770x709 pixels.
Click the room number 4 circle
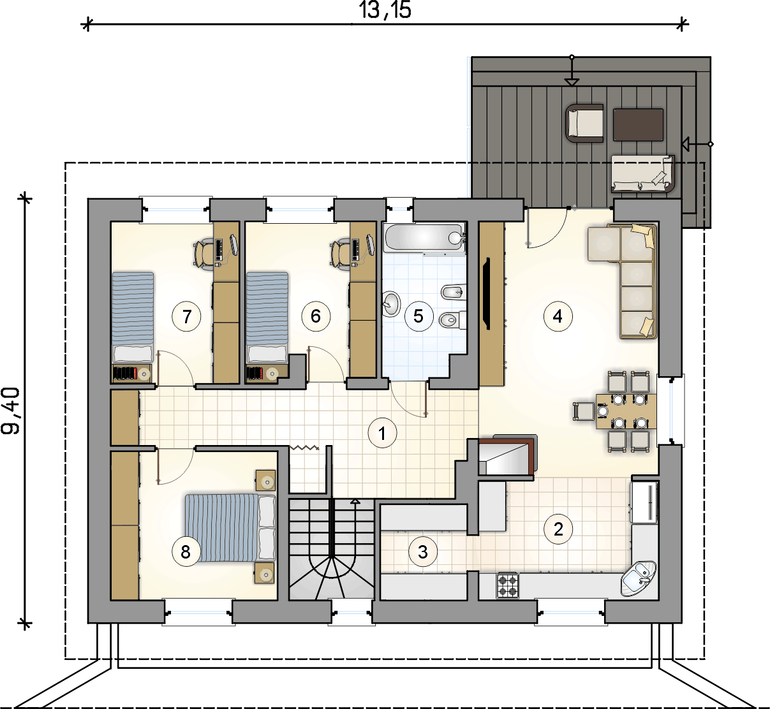pos(558,316)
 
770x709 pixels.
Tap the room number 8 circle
pos(186,552)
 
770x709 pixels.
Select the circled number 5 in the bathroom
pos(418,316)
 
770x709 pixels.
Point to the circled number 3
pos(422,552)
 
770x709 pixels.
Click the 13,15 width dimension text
pos(385,10)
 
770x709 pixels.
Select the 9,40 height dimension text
pos(11,411)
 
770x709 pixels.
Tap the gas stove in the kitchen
pos(508,585)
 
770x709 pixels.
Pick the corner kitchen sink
pos(639,578)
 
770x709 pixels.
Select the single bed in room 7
pos(133,318)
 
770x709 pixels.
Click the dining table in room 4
pos(626,411)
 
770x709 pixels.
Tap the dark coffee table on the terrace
pos(639,125)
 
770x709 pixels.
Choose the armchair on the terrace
pos(584,123)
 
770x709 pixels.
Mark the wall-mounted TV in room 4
pos(486,293)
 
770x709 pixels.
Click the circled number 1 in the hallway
pos(382,434)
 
